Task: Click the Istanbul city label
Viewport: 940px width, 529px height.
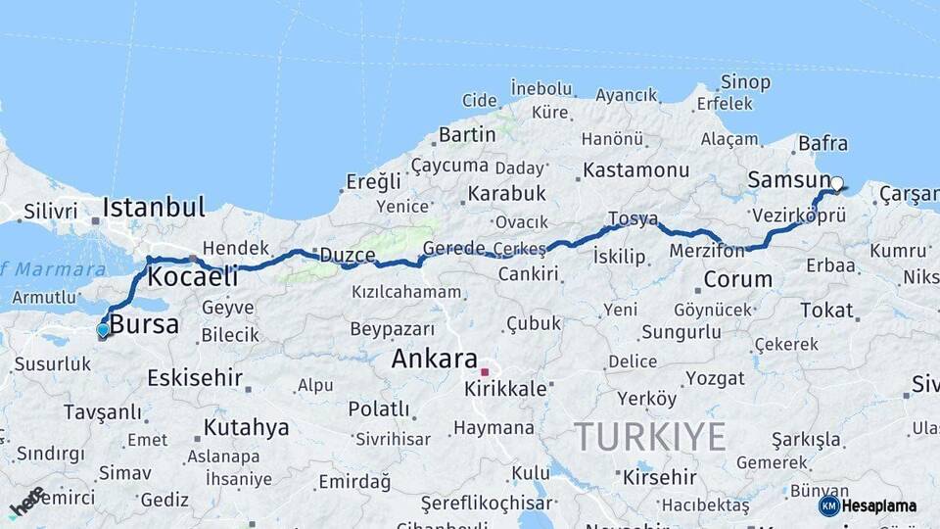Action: [x=154, y=207]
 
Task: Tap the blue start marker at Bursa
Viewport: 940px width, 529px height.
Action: [x=103, y=330]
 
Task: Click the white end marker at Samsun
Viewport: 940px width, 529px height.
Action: [x=836, y=182]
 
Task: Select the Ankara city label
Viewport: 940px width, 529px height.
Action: [x=434, y=359]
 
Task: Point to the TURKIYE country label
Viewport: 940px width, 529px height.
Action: [x=649, y=436]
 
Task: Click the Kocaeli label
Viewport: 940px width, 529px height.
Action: [x=192, y=276]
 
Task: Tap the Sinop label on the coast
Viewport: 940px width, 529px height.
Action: [x=745, y=82]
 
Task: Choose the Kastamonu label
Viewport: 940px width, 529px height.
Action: [x=635, y=170]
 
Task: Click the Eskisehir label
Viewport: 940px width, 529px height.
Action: [x=196, y=377]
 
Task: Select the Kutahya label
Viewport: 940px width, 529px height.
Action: [x=246, y=428]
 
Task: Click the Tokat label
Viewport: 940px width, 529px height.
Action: [x=826, y=311]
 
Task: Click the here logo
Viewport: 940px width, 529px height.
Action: [x=26, y=502]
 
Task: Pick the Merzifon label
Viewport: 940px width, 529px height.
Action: [x=708, y=251]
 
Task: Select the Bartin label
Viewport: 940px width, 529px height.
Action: [x=467, y=134]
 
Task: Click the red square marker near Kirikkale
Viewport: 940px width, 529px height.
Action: [x=484, y=372]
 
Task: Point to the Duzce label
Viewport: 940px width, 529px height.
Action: [x=348, y=256]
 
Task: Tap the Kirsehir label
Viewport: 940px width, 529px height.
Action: [x=659, y=478]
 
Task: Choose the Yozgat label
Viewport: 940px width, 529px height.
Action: [x=714, y=378]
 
